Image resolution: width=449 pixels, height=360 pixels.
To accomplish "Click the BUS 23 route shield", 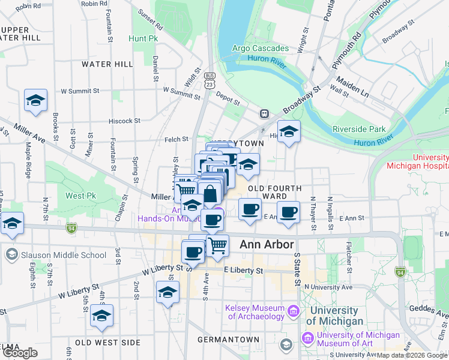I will point(209,80).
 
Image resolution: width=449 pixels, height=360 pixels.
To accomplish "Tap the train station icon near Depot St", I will point(264,113).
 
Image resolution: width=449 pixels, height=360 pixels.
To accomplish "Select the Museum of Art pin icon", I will point(308,339).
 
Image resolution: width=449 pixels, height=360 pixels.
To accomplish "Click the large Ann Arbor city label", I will point(267,245).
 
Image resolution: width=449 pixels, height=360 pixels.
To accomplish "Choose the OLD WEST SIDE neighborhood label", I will point(107,343).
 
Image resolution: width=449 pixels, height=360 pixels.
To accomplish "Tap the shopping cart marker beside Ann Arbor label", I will point(217,244).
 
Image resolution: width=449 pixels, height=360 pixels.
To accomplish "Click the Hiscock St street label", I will point(124,121).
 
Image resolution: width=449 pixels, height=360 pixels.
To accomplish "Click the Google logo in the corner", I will point(20,353).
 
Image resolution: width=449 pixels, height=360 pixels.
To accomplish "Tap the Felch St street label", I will point(176,139).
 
